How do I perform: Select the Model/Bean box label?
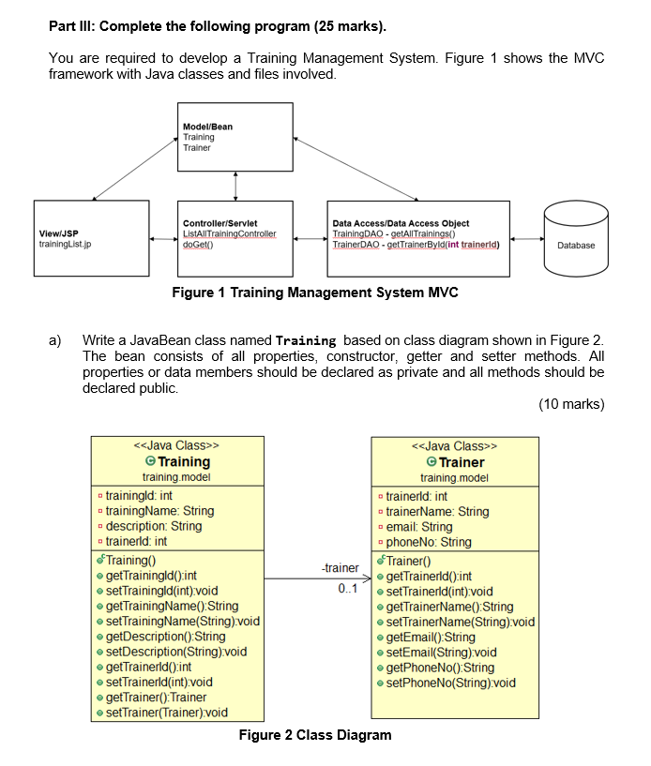pyautogui.click(x=208, y=127)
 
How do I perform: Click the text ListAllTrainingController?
pyautogui.click(x=230, y=233)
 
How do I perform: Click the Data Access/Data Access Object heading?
pyautogui.click(x=401, y=223)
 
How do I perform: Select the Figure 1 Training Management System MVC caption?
pyautogui.click(x=315, y=293)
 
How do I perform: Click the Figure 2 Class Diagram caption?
pyautogui.click(x=315, y=734)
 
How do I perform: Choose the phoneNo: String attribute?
pyautogui.click(x=429, y=541)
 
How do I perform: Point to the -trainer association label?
pyautogui.click(x=340, y=568)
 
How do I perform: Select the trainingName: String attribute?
pyautogui.click(x=159, y=511)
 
